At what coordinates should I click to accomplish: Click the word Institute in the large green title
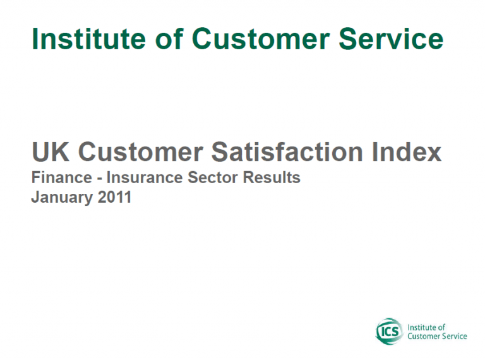(x=88, y=39)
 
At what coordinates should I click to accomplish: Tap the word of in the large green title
(x=169, y=39)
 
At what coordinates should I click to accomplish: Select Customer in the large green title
(x=261, y=39)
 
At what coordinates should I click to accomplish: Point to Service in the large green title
(x=391, y=39)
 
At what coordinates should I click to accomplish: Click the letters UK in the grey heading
(x=51, y=152)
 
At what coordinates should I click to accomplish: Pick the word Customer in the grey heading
(x=140, y=152)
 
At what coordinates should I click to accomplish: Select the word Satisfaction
(x=287, y=152)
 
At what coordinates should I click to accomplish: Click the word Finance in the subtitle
(x=61, y=177)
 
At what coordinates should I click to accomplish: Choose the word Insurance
(x=145, y=177)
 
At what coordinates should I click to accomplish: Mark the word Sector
(x=213, y=177)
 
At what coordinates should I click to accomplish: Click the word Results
(x=272, y=177)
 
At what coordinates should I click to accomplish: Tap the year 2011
(x=115, y=197)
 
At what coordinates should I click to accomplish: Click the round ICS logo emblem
(x=390, y=331)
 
